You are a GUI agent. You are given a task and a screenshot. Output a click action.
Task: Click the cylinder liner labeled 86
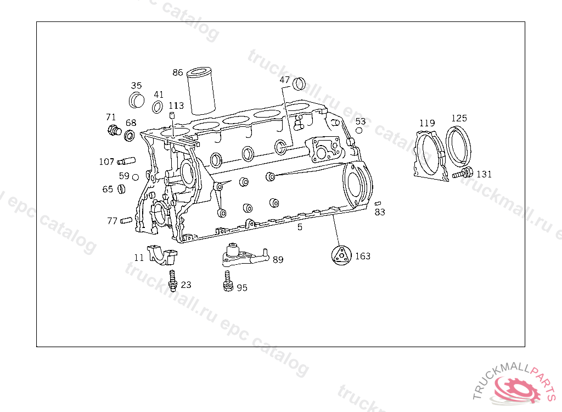point(201,91)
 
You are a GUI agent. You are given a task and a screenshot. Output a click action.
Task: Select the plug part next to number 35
point(137,100)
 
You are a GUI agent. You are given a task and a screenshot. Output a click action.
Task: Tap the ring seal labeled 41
point(158,107)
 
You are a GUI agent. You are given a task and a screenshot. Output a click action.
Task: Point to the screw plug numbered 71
point(114,130)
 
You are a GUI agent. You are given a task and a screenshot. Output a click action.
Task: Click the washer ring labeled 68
point(129,136)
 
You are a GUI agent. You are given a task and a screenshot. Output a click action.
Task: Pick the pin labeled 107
point(126,161)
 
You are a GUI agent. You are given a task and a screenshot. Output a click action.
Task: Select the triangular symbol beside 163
point(340,256)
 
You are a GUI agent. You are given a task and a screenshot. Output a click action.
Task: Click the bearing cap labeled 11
point(162,254)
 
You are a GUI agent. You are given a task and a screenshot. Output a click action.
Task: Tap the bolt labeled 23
point(173,281)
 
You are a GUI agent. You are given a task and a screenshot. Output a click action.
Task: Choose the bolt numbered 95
point(228,281)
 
